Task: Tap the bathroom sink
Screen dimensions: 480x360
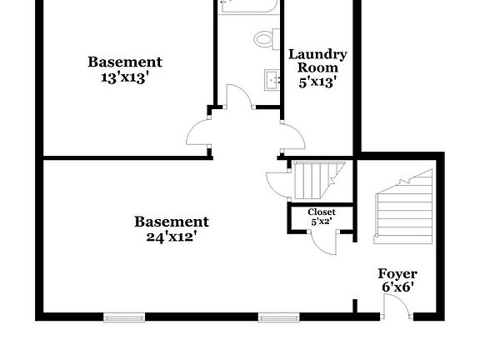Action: pos(272,80)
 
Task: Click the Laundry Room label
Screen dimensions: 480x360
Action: pos(317,61)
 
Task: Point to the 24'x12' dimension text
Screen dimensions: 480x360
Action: pos(172,237)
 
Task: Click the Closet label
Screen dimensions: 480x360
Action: pos(322,212)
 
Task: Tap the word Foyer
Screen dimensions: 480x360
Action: pos(397,274)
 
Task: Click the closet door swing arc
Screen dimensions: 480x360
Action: pos(324,243)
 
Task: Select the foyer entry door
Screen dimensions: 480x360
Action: pos(397,306)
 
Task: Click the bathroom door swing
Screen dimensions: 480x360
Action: pos(239,96)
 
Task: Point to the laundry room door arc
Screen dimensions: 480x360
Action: pos(293,137)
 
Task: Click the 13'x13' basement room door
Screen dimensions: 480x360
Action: pos(198,132)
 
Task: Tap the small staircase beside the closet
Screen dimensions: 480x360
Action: pos(319,181)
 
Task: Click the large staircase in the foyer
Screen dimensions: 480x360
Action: pos(404,207)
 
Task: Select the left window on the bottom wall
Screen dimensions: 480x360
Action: pos(124,317)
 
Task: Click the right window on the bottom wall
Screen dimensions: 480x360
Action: pos(279,317)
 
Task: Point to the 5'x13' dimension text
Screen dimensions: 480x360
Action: pos(318,82)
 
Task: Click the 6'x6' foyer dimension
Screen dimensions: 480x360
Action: pos(397,287)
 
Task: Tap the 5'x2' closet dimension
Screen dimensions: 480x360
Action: pos(322,221)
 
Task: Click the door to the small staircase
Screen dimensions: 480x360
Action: pos(277,184)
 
